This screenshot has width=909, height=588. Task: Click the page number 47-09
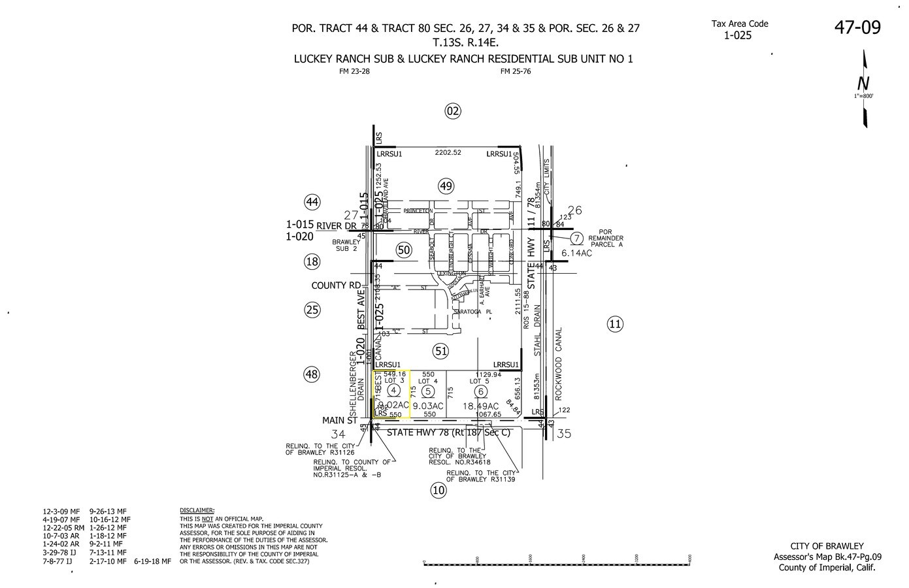857,27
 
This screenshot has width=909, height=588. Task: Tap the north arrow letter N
863,84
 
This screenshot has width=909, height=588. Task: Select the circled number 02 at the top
453,110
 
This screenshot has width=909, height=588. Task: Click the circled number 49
446,187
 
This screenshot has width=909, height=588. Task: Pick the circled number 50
404,250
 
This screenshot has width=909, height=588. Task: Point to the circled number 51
442,351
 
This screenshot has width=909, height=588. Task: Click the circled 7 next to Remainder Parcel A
576,238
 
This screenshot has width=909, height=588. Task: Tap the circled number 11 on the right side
615,323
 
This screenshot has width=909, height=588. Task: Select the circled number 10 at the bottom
438,490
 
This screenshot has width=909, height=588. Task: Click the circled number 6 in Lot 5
481,391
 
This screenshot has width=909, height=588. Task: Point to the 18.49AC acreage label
481,406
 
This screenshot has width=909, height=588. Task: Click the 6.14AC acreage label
576,253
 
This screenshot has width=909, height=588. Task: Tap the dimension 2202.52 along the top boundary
448,153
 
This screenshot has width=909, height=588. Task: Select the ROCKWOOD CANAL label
559,363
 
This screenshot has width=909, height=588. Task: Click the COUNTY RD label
336,286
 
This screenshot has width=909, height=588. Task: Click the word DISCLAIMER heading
197,510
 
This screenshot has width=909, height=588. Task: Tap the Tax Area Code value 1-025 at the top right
737,35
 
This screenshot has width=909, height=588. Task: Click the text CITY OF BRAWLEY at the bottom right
827,546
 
